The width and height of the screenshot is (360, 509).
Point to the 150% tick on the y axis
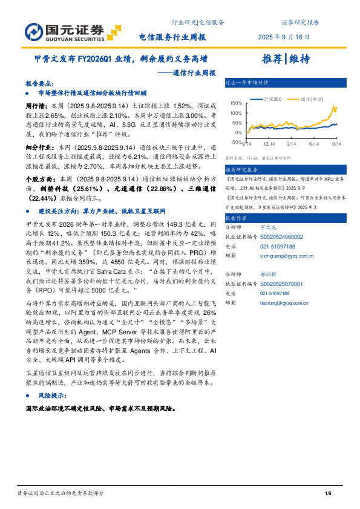click(236, 103)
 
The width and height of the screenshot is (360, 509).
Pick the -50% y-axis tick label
click(236, 142)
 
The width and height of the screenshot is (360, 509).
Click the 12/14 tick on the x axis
click(269, 144)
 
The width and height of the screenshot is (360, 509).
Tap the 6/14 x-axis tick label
click(313, 144)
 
